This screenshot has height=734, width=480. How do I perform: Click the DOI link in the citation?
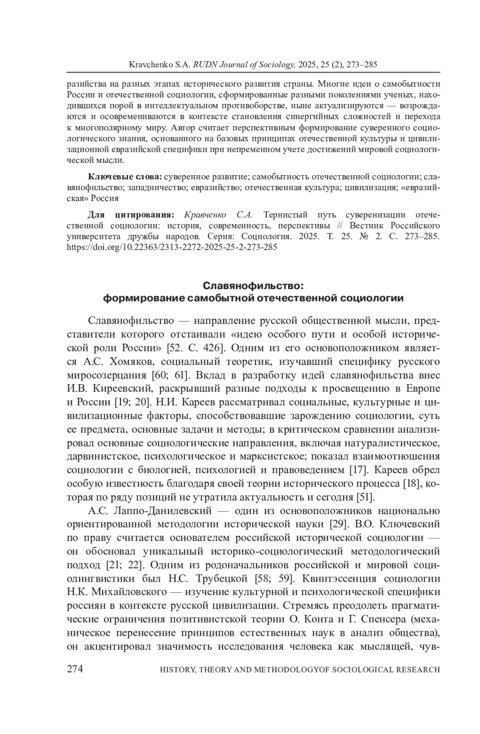pos(172,247)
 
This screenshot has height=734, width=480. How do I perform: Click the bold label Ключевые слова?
pos(125,176)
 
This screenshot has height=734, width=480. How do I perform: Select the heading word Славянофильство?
pos(253,286)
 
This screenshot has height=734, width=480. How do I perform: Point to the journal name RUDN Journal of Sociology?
pos(244,64)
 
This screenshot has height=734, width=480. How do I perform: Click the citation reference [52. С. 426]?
pos(197,348)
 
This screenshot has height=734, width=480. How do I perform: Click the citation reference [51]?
pos(365,497)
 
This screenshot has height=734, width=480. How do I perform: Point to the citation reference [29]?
pos(337,524)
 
